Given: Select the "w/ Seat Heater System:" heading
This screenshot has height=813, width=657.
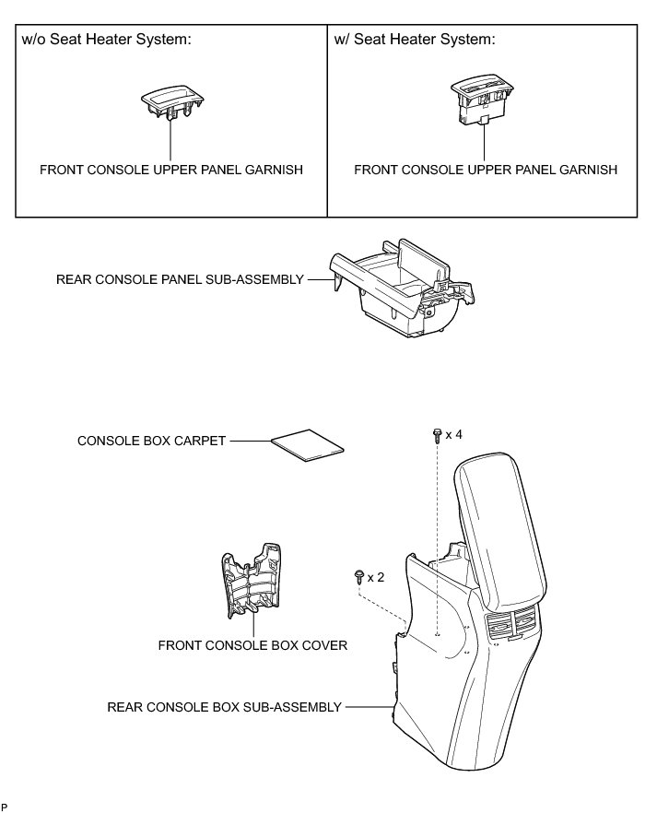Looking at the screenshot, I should pos(411,40).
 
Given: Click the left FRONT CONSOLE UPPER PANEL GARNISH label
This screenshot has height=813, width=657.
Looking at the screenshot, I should pos(171,170).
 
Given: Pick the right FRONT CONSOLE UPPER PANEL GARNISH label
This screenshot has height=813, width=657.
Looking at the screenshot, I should pos(486,170).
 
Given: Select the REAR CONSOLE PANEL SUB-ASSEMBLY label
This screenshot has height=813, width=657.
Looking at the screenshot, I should pos(180,278).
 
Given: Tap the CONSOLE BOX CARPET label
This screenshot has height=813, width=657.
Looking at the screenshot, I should pos(152,441).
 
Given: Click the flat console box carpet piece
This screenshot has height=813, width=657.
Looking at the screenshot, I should pos(309,445).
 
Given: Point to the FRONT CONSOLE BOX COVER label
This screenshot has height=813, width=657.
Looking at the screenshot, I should pos(252,644).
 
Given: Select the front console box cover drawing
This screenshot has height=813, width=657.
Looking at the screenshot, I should pos(252,589).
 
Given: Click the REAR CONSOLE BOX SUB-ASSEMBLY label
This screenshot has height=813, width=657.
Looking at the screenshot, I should pos(225,707).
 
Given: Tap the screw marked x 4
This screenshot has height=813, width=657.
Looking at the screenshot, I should pos(436,434).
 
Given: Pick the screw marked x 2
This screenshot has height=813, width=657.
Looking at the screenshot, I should pos(358,577).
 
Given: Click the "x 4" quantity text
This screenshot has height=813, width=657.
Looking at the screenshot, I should pos(453,433).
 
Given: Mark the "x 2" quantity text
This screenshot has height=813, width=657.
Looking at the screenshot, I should pos(376,577).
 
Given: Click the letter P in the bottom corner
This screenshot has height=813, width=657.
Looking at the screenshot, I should pos(5,807).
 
